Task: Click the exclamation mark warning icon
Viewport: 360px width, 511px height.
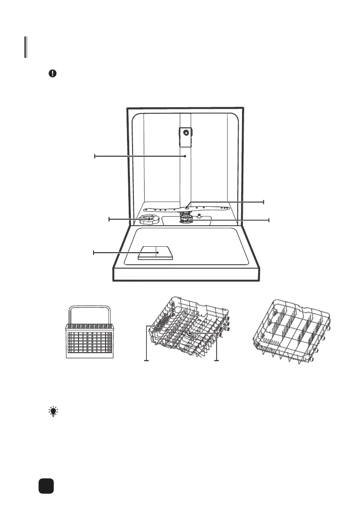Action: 52,73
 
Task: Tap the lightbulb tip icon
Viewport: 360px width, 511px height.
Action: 53,412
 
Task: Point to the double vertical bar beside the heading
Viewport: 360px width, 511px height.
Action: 26,47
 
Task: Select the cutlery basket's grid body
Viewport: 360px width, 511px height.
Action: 89,341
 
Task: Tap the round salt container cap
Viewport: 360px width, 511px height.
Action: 148,219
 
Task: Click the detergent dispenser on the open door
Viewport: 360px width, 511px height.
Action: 156,253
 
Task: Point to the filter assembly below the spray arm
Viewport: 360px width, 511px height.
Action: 185,221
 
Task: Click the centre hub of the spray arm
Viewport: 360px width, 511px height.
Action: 188,207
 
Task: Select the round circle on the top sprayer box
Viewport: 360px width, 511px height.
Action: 185,133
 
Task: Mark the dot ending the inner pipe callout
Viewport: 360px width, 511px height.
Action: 185,157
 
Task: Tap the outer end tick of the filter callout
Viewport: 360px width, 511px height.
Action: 269,220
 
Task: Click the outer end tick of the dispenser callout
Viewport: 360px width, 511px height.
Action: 94,253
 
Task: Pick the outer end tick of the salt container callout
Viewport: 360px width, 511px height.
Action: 109,219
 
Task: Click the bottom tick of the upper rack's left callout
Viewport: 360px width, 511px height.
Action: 147,360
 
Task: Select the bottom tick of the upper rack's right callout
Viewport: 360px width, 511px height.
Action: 217,360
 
